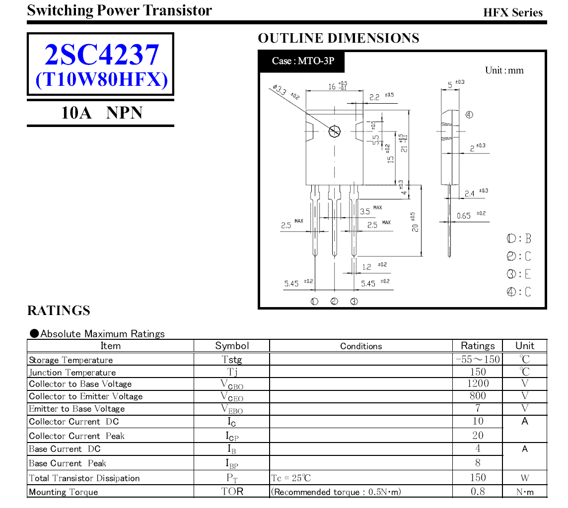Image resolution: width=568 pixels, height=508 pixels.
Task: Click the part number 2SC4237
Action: coord(102,55)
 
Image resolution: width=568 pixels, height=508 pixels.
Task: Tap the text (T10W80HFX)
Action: coord(102,79)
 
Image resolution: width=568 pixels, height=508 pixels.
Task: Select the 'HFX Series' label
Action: coord(513,13)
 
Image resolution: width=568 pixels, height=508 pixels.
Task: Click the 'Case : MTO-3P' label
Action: coord(303,61)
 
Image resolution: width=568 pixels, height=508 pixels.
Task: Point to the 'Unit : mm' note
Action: coord(504,70)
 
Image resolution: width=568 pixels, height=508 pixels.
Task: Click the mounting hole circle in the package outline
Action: coord(334,131)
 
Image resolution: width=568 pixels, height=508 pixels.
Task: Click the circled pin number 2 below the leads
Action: coord(334,301)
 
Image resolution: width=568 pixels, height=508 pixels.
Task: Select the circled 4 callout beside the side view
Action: coord(469,115)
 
